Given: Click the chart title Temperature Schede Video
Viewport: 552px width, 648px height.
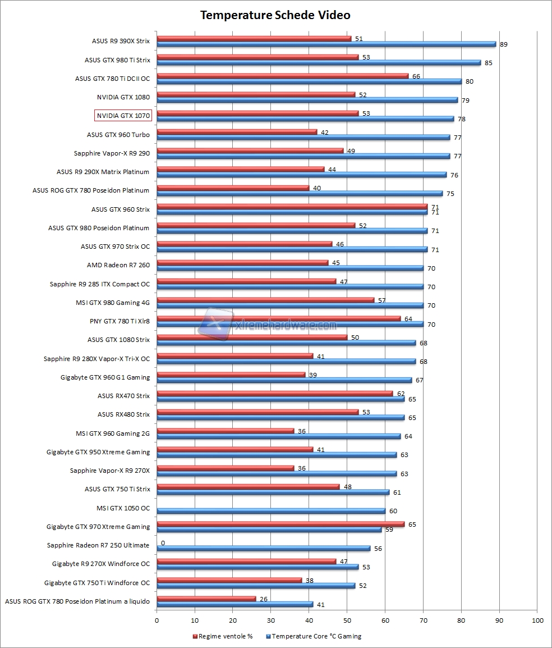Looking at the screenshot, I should click(x=275, y=15).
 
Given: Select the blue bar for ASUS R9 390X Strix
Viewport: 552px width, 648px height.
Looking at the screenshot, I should click(x=326, y=44).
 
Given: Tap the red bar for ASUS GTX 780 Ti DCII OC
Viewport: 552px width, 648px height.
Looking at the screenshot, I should click(x=282, y=76).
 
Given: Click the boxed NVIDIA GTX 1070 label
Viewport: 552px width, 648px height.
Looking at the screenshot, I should click(x=123, y=116).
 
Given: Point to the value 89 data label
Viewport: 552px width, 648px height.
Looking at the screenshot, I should click(x=504, y=44).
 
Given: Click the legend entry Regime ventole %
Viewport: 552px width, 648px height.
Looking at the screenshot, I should click(x=223, y=636).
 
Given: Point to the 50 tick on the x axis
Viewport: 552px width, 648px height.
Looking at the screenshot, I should click(x=347, y=620).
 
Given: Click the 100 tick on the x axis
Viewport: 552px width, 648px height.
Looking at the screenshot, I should click(x=537, y=620).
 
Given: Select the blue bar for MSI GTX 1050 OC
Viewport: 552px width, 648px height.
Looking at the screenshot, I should click(x=271, y=511).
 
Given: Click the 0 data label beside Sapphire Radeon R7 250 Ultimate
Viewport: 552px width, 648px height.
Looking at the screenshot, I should click(x=163, y=543).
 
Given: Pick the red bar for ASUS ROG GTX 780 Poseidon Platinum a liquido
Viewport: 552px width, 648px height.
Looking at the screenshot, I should click(x=206, y=599).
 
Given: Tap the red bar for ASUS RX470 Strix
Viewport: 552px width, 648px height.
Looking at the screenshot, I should click(x=275, y=394).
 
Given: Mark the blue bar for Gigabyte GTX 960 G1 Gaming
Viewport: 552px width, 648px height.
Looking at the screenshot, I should click(x=284, y=380).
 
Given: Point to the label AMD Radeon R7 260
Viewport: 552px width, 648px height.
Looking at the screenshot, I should click(x=118, y=265).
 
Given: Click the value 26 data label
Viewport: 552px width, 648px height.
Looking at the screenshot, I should click(x=264, y=599).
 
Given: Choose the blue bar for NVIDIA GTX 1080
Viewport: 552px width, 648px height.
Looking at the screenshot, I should click(x=307, y=100).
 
